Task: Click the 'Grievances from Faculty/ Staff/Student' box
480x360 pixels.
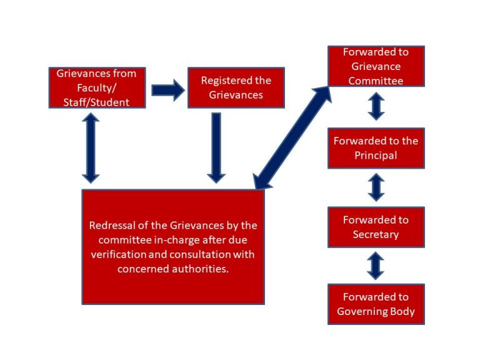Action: click(97, 87)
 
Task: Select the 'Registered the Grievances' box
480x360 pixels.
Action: click(236, 88)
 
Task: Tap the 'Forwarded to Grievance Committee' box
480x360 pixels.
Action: click(376, 66)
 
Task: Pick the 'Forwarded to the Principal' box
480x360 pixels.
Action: click(376, 148)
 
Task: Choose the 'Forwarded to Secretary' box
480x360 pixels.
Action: click(376, 227)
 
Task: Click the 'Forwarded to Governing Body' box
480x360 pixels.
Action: click(376, 304)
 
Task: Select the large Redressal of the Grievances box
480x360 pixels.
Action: click(173, 247)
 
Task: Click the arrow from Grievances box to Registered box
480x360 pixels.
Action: click(167, 91)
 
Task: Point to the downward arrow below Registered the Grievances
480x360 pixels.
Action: click(216, 147)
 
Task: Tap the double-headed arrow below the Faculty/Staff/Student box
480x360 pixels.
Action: click(91, 147)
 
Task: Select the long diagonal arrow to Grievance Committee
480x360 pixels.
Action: click(292, 137)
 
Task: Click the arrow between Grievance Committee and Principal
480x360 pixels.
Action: click(376, 107)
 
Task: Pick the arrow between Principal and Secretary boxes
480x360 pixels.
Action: click(376, 187)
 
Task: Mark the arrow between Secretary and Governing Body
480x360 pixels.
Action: click(376, 266)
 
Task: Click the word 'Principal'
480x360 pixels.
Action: click(376, 155)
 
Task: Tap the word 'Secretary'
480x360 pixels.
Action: click(376, 234)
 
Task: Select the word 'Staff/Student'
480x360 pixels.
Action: click(97, 102)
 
